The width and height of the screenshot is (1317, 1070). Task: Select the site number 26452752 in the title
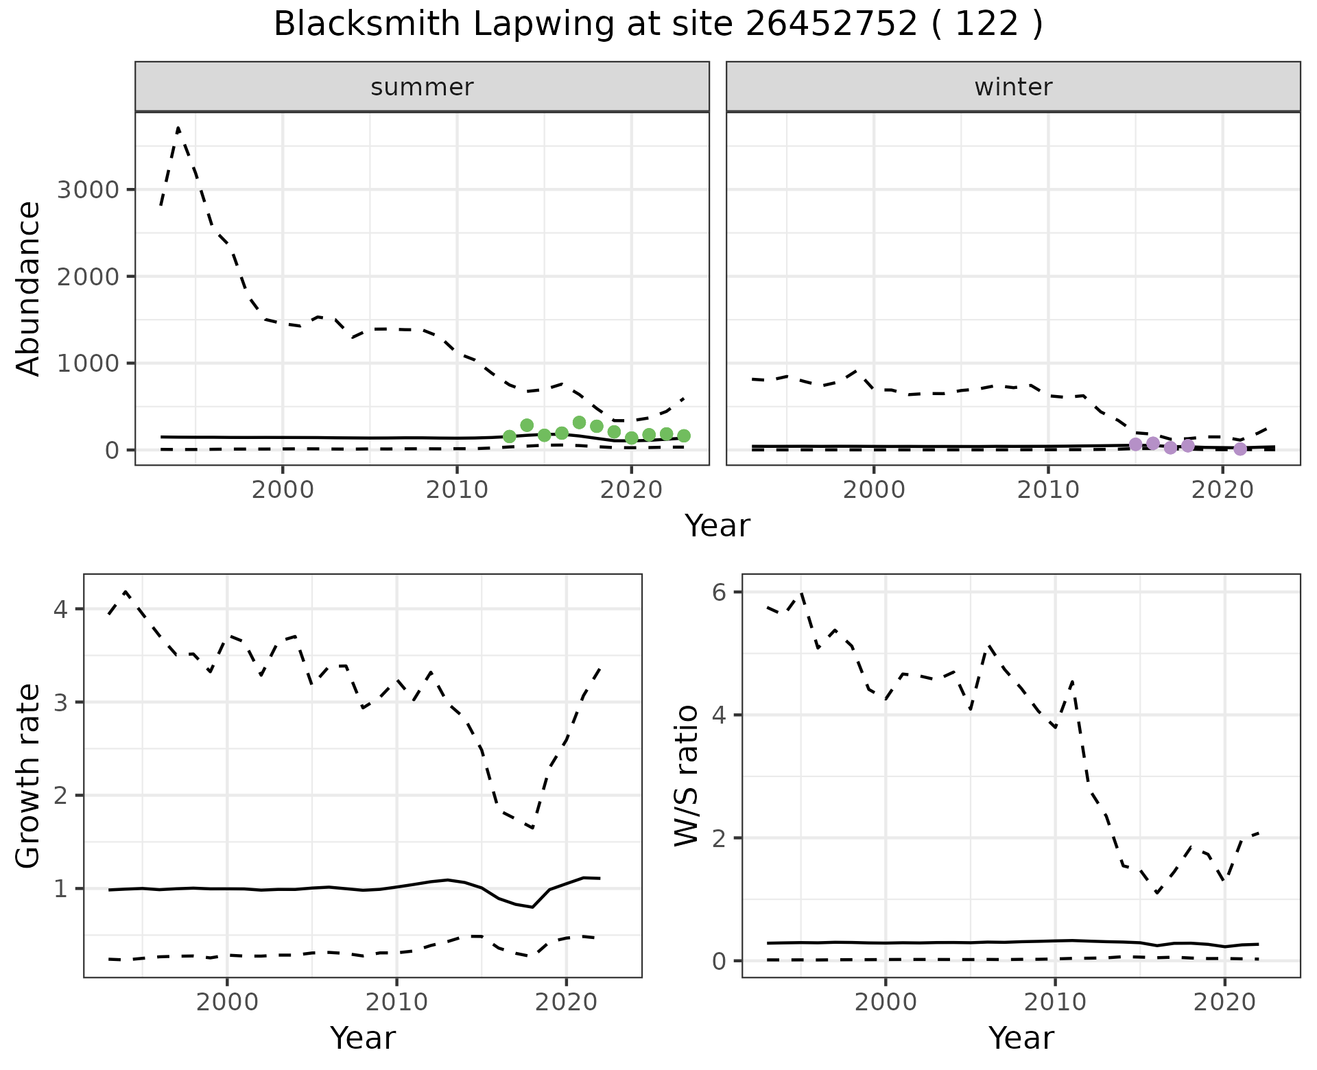pos(831,25)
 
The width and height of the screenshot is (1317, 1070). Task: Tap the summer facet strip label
pos(422,87)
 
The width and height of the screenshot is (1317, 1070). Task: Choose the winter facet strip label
pos(1013,87)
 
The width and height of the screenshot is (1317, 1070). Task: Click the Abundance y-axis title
pos(29,289)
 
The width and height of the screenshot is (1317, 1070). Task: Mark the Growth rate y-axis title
pos(29,776)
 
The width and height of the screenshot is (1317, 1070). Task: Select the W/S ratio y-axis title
pos(687,776)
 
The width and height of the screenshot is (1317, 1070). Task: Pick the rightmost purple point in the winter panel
pos(1239,449)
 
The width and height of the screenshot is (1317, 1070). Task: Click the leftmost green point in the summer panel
pos(509,436)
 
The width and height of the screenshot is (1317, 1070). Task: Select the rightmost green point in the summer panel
pos(683,436)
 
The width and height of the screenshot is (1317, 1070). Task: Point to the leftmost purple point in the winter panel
pos(1135,444)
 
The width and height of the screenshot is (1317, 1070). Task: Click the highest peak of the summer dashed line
pos(178,128)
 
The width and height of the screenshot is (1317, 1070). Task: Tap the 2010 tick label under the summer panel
pos(456,490)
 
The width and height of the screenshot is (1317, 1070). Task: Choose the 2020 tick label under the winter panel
pos(1222,490)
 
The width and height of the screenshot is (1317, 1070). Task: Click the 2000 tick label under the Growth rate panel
pos(227,1002)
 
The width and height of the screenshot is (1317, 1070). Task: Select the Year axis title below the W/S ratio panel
pos(1021,1038)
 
